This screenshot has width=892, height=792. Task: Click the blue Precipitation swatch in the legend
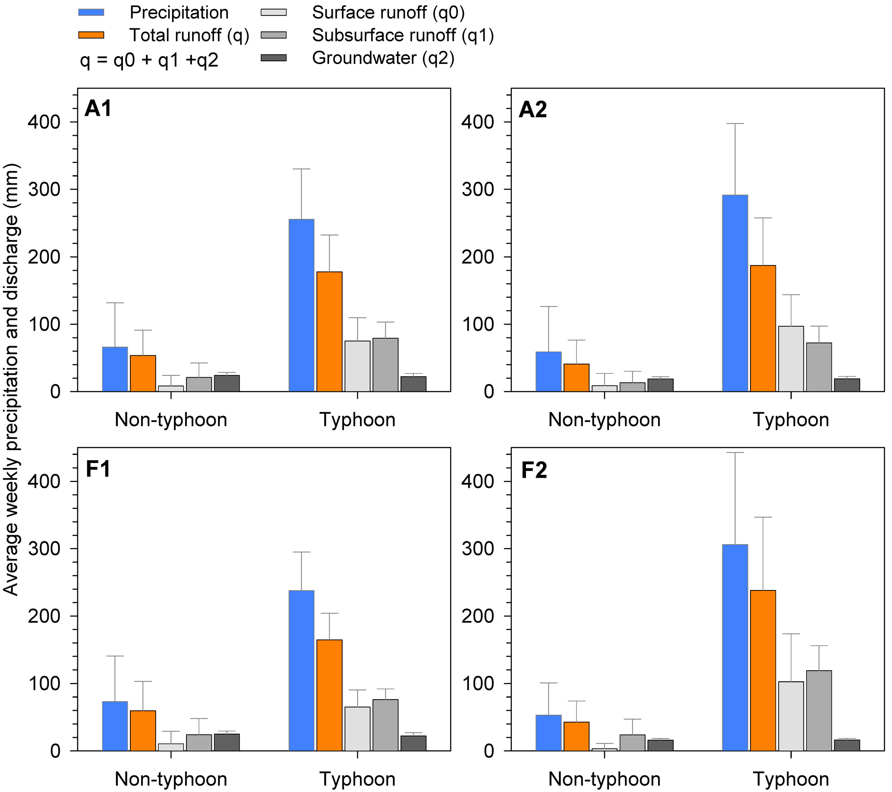91,12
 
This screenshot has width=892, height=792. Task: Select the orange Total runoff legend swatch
91,35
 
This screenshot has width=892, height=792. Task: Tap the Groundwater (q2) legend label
383,58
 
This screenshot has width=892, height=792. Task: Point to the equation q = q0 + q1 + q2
149,60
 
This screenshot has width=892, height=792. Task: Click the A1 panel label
98,108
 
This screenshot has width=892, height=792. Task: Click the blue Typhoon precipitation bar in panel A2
735,293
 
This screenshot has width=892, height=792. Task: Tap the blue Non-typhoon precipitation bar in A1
115,369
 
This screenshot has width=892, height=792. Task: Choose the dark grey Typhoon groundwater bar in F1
413,743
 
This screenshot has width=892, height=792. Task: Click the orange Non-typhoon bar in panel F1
143,731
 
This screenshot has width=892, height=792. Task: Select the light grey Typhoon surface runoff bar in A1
357,366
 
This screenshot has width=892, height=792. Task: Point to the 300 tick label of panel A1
44,189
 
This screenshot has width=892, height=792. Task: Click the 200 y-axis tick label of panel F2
478,616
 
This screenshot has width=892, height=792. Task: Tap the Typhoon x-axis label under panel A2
791,420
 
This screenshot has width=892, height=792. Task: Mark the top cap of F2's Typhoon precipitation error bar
735,452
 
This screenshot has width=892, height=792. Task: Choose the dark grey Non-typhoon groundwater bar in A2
660,385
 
